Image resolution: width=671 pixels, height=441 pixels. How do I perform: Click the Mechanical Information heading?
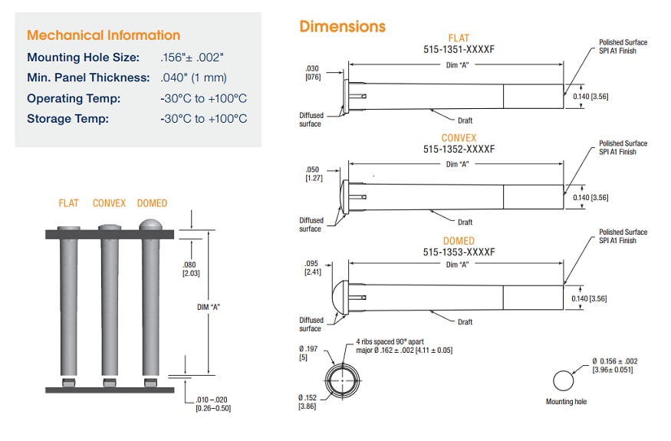pos(104,35)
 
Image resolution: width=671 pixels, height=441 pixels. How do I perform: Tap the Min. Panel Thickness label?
pos(88,77)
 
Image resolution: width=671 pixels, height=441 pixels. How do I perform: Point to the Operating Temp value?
pos(204,98)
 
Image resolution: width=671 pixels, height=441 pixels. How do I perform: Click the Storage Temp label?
pos(68,118)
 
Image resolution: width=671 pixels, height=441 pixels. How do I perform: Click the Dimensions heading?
pos(342,27)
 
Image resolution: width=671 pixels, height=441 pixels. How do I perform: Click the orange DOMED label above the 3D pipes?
pos(152,203)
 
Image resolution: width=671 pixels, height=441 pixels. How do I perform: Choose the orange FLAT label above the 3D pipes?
pos(69,203)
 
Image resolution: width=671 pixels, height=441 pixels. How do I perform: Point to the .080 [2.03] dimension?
pos(190,268)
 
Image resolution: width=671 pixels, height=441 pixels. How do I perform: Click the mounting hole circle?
pos(563,381)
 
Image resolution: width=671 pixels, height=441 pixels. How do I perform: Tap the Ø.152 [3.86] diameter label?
pos(308,401)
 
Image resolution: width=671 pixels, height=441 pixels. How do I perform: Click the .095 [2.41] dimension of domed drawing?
pos(313,267)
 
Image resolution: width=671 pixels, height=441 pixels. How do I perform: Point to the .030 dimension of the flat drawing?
pos(313,72)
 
